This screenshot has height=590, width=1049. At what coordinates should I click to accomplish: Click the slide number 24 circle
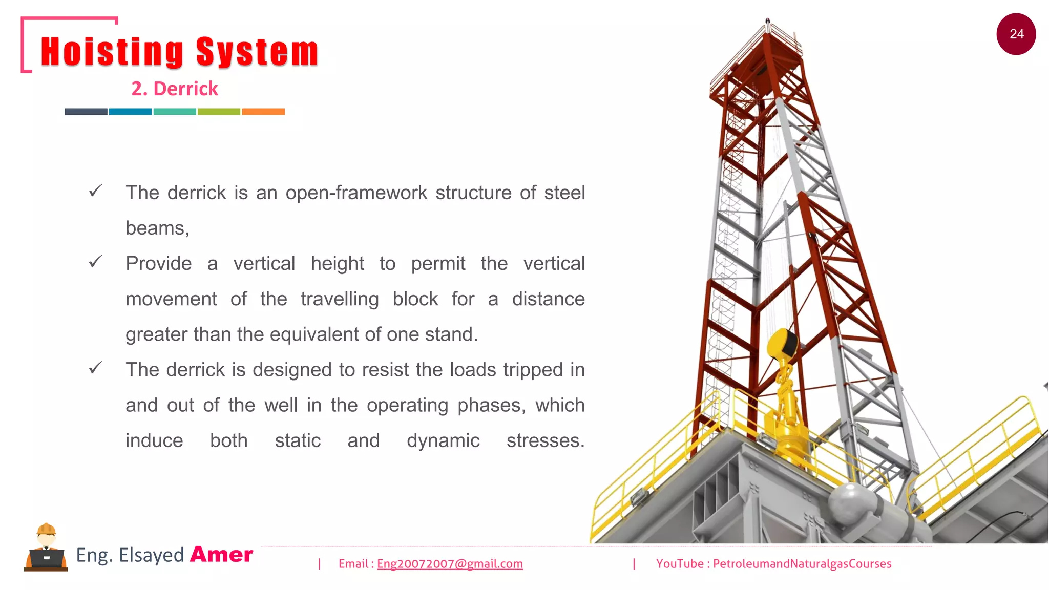[1016, 34]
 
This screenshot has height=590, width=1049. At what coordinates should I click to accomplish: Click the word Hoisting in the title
[112, 52]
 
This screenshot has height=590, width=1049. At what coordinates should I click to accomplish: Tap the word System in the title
[257, 52]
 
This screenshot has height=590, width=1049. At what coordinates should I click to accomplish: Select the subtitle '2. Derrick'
[175, 89]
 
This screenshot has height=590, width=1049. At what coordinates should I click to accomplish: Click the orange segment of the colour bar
[263, 112]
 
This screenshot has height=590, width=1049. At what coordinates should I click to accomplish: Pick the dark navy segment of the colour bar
[86, 112]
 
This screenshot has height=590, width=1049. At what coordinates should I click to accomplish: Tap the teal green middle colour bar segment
[175, 112]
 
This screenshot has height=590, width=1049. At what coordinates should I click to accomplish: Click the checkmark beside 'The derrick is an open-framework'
[96, 191]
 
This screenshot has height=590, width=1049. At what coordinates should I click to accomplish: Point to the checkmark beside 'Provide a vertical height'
[96, 262]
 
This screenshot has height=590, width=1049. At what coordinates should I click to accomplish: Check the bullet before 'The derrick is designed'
[96, 368]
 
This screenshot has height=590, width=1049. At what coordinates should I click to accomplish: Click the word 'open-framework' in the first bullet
[356, 193]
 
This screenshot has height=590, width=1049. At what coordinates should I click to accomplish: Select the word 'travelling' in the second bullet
[340, 299]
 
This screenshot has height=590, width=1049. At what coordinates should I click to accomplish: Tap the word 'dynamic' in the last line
[443, 441]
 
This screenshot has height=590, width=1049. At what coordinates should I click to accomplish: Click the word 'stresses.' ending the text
[546, 441]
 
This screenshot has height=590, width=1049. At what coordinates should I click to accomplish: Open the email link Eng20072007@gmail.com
[450, 564]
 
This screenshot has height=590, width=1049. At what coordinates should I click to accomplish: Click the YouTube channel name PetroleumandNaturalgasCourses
[802, 564]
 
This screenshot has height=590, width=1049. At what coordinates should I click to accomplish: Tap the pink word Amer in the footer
[222, 555]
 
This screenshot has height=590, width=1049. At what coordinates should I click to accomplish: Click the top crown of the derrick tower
[768, 36]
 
